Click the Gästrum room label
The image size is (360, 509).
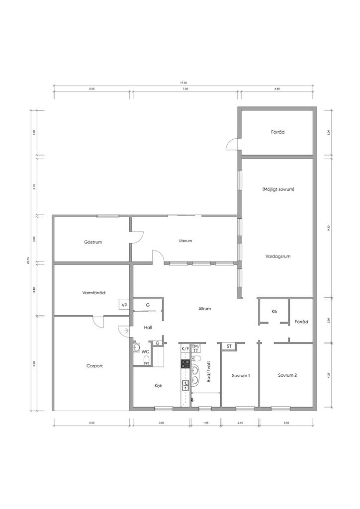(x=93, y=242)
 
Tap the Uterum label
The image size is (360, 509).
(x=185, y=241)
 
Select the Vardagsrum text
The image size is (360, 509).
(x=278, y=256)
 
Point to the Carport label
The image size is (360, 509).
(x=94, y=366)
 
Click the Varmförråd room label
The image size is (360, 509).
(x=94, y=292)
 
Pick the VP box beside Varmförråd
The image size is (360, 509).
(x=124, y=305)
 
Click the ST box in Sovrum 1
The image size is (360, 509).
(x=229, y=346)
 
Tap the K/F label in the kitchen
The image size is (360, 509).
(x=185, y=348)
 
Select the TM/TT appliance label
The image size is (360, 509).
(x=195, y=348)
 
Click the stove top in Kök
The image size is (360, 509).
(x=185, y=364)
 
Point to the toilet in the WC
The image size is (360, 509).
(x=146, y=360)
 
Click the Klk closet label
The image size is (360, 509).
(x=274, y=312)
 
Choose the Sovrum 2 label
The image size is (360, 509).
(x=287, y=375)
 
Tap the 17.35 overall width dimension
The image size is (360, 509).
(x=184, y=83)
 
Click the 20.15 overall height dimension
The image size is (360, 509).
(x=28, y=260)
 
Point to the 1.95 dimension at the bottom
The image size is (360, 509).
(x=206, y=423)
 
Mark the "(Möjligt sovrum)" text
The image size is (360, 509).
(x=278, y=189)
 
